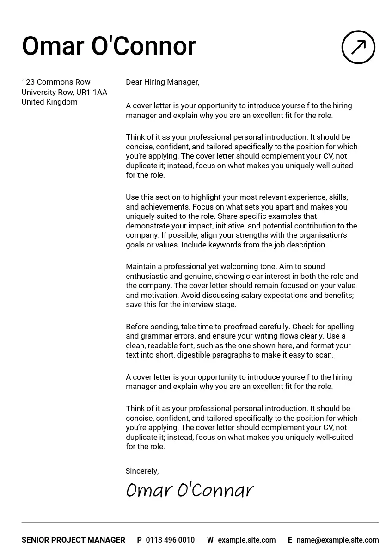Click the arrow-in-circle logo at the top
[x=358, y=47]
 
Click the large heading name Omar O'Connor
[x=109, y=46]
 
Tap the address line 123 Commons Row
[x=56, y=82]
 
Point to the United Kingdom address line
[x=49, y=102]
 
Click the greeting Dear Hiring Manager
[x=162, y=82]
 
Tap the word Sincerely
[x=142, y=471]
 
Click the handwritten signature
[x=190, y=490]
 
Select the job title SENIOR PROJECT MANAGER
[x=73, y=540]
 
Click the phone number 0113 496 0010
[x=170, y=540]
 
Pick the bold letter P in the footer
[x=140, y=540]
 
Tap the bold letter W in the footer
[x=210, y=540]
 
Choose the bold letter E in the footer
[x=290, y=540]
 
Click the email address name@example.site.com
[x=337, y=540]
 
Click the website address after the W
[x=246, y=540]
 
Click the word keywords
[x=224, y=245]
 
